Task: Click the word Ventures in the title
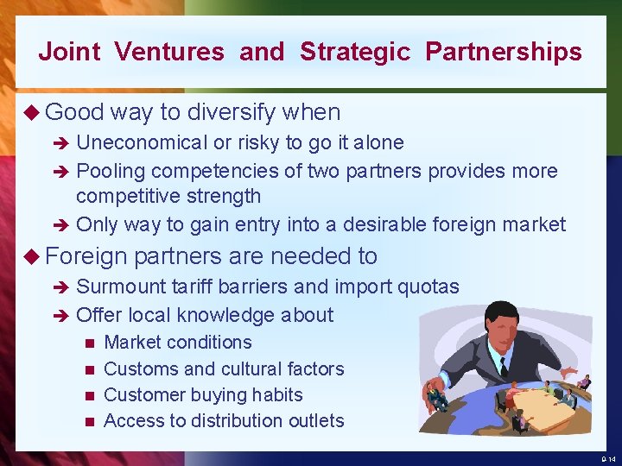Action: coord(168,52)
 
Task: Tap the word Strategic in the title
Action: coord(355,52)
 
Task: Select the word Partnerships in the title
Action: coord(503,52)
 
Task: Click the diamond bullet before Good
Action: coord(32,112)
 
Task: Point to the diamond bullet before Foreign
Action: coord(32,256)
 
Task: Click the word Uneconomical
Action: coord(143,142)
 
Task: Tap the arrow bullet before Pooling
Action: coord(62,171)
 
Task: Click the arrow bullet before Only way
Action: coord(62,225)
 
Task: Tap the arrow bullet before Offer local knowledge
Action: coord(62,315)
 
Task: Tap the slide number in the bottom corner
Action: coord(607,459)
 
